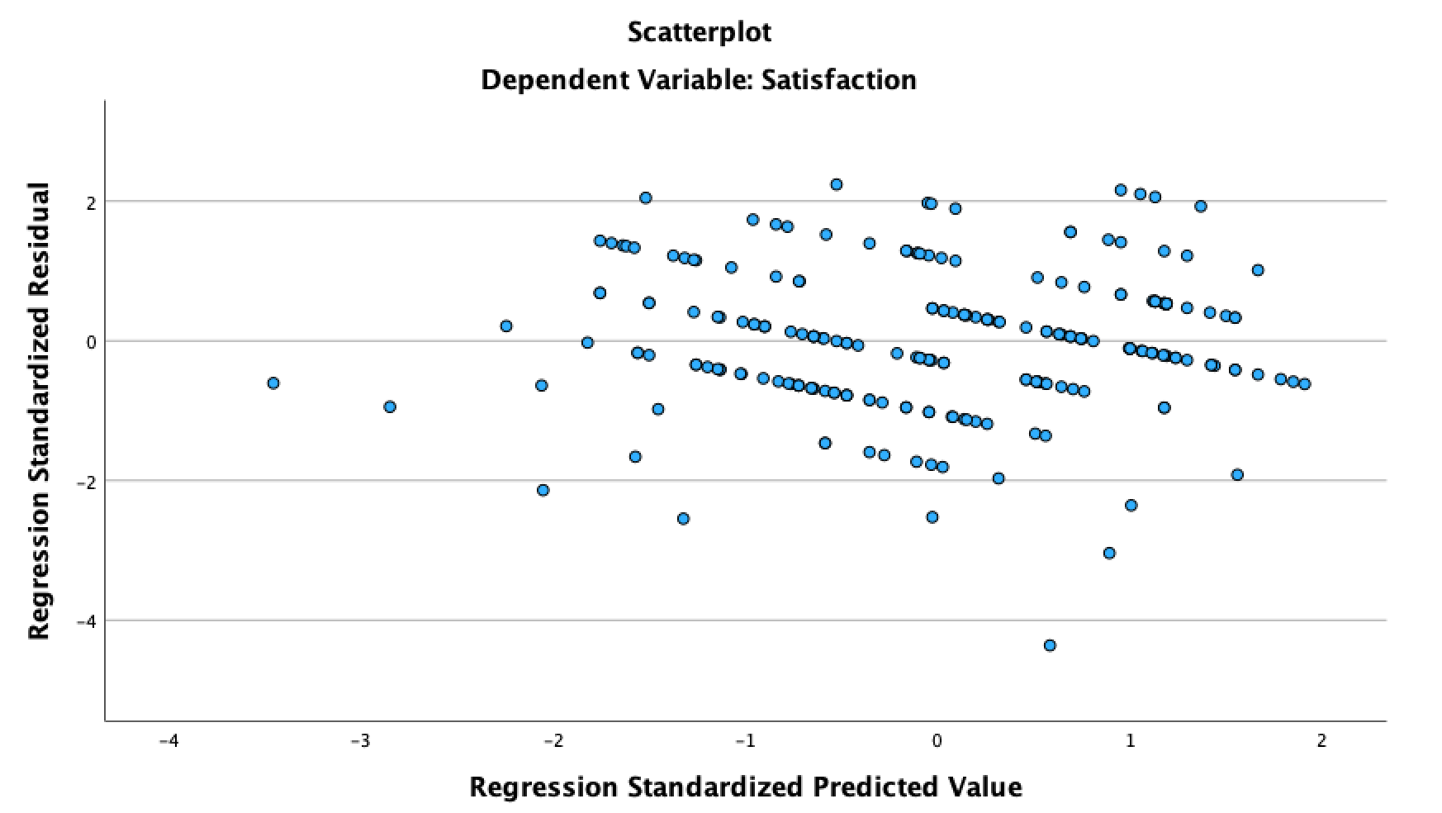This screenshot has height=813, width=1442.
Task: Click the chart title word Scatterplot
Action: pos(699,32)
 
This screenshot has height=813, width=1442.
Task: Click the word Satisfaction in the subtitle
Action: pos(838,80)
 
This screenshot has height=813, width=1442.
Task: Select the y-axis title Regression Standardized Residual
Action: pos(39,411)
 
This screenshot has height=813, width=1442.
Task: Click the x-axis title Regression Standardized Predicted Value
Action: pos(745,787)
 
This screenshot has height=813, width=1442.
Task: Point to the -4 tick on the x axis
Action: pos(168,741)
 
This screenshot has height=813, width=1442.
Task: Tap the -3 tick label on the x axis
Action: pos(360,741)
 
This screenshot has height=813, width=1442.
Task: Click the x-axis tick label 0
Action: pos(937,741)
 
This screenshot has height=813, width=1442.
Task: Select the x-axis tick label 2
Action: pos(1321,741)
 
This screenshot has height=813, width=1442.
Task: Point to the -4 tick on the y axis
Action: pos(85,620)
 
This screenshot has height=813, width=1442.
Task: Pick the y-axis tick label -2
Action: pos(85,481)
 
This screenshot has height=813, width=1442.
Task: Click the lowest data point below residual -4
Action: pos(1050,645)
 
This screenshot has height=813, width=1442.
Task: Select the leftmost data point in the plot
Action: pos(273,383)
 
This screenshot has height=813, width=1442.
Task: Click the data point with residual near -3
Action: pos(1109,553)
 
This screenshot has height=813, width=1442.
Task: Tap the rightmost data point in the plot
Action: pos(1305,384)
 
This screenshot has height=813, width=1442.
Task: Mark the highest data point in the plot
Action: pos(836,184)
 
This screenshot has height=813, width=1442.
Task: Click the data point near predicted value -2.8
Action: pos(390,406)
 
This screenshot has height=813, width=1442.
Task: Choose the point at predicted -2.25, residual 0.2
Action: pos(506,326)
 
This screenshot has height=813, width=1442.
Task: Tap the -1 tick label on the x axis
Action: pos(745,741)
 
